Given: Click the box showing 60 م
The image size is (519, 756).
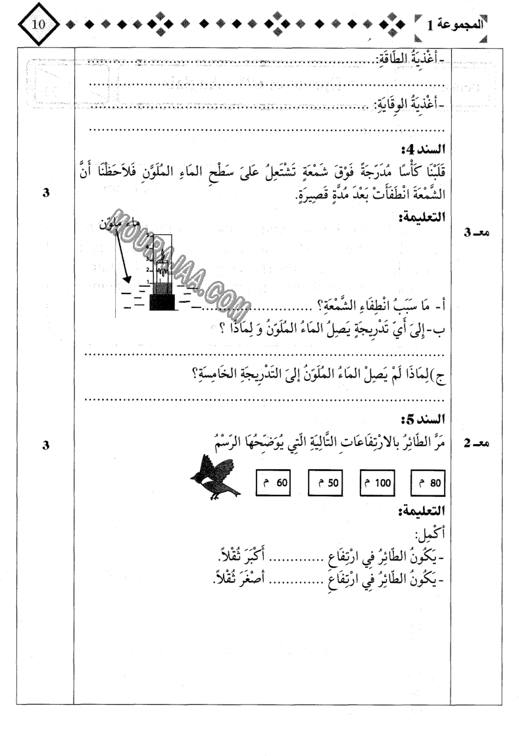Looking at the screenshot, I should (272, 482).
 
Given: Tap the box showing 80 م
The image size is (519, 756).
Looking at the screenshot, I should (428, 482).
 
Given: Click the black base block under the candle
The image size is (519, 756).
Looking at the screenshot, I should (162, 302).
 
